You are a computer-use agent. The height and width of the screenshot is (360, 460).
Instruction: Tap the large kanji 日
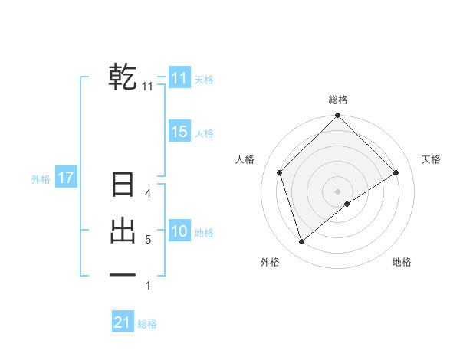point(123,186)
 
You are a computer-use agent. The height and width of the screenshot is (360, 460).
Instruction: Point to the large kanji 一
point(123,273)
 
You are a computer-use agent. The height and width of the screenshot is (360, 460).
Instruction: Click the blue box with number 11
point(179,78)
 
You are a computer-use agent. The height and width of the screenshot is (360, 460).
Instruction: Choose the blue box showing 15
point(179,132)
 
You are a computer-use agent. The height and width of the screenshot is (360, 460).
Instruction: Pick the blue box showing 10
point(179,231)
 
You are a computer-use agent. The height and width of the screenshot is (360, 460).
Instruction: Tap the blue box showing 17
point(65,178)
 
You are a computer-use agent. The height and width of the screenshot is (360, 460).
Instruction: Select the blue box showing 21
point(122,322)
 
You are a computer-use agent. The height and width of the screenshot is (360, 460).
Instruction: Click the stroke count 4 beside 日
point(148,194)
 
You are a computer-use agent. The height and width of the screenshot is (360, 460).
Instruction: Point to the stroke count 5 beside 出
point(148,240)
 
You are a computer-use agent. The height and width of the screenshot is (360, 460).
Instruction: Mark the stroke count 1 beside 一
point(148,286)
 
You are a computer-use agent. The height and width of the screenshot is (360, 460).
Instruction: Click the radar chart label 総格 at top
point(338,100)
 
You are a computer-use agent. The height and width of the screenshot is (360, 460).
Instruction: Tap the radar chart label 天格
point(431,159)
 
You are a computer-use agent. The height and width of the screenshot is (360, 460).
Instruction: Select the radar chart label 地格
point(402,262)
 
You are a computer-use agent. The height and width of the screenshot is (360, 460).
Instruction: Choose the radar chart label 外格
point(270,262)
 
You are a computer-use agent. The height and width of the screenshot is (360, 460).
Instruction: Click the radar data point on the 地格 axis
point(347,204)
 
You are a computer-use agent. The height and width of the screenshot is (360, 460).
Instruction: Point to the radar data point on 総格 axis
point(338,116)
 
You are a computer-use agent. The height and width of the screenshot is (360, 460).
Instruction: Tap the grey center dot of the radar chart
point(338,191)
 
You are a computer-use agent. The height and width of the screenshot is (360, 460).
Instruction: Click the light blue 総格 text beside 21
point(147,324)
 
